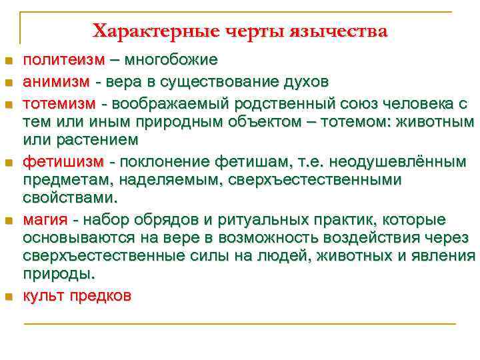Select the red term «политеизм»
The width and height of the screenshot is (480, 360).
(64, 60)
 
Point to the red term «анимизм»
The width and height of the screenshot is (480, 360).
(59, 83)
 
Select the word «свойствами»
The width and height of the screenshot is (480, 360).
(69, 198)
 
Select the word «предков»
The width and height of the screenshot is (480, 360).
(107, 296)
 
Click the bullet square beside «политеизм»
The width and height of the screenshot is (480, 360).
(9, 61)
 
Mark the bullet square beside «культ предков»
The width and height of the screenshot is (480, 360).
(9, 297)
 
